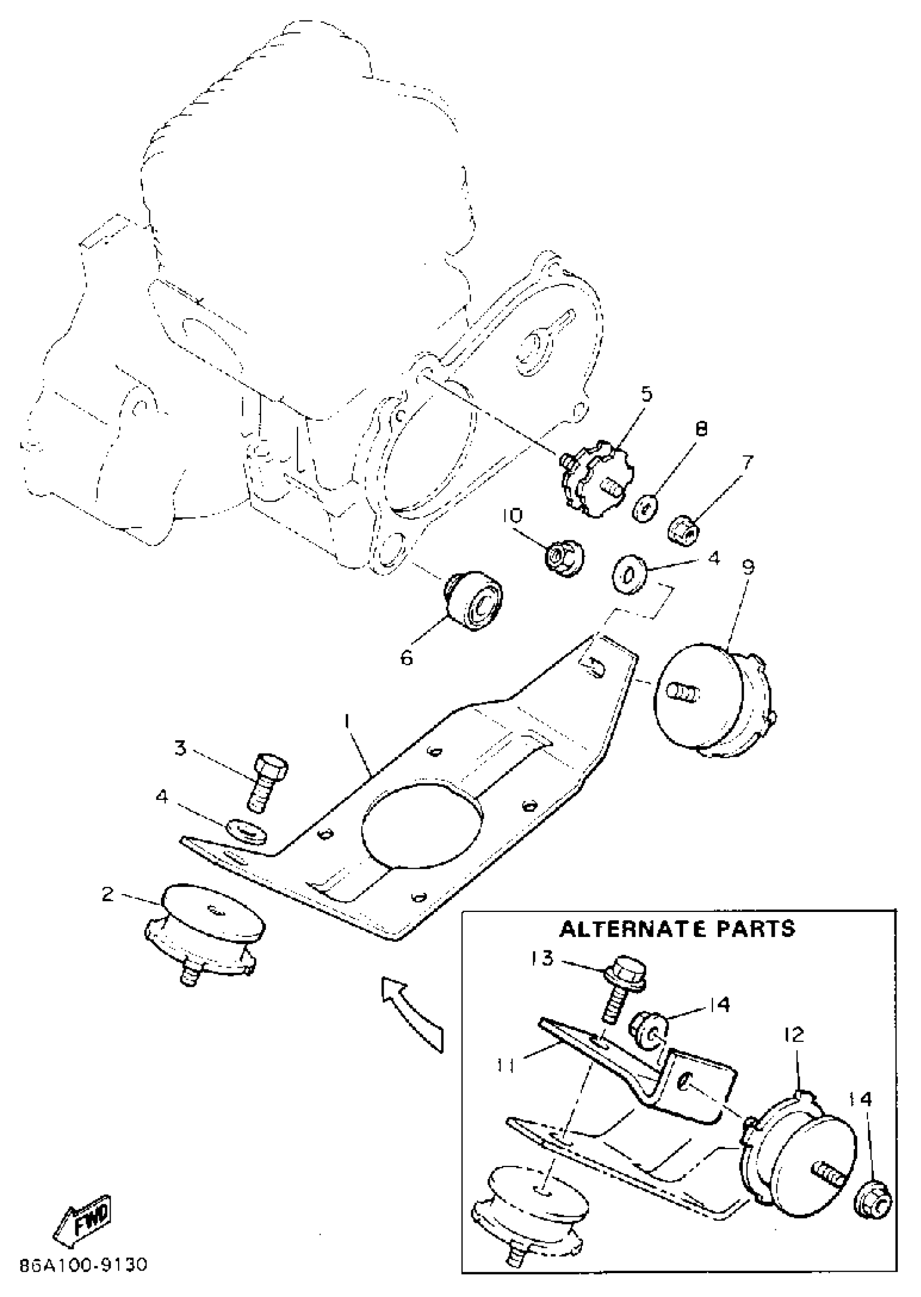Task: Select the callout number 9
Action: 748,568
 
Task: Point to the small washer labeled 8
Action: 645,508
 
